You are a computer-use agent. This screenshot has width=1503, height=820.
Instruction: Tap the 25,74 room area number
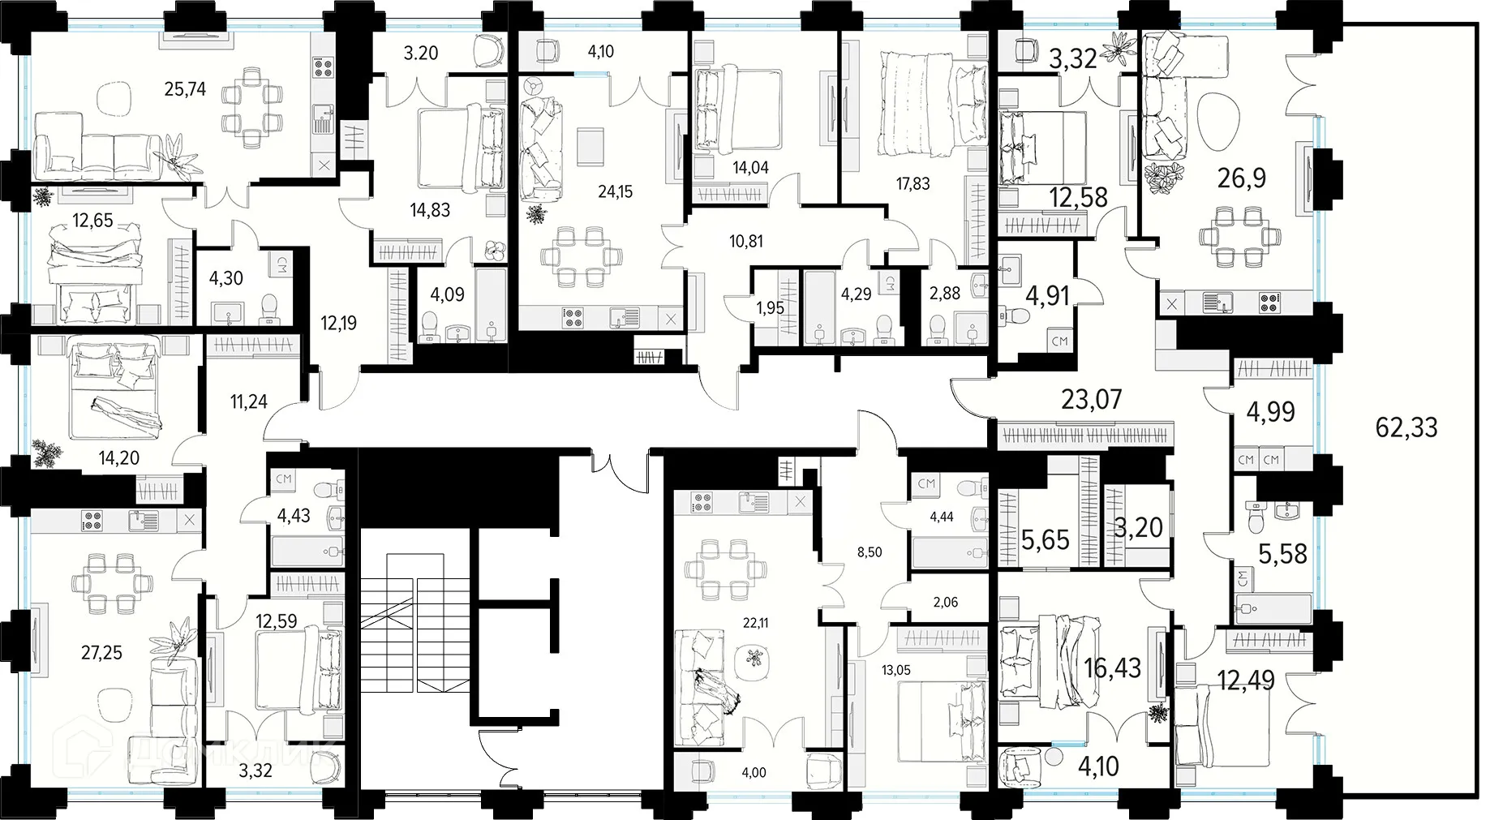185,89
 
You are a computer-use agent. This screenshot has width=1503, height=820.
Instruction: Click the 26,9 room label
1241,178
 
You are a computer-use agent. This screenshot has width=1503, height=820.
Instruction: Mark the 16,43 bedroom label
1112,668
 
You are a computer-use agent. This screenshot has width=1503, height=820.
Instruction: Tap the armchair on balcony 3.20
487,51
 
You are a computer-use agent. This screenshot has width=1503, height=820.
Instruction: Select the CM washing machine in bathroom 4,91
1059,341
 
